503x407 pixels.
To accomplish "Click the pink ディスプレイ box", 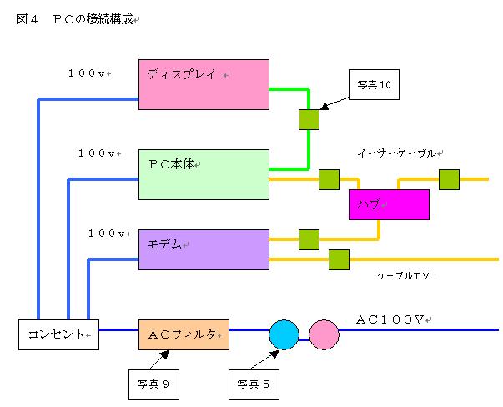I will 204,84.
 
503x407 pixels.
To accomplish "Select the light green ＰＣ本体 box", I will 204,174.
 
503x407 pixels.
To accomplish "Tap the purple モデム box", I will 204,249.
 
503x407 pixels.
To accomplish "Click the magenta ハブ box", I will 389,204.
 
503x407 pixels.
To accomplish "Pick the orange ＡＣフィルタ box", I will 184,334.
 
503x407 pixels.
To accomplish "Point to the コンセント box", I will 58,334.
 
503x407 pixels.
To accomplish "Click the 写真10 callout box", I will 374,84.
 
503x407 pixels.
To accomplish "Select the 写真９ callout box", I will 153,384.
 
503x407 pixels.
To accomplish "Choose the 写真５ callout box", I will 254,384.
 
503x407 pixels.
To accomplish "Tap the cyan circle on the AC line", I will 284,334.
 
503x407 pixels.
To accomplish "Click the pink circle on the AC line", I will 324,334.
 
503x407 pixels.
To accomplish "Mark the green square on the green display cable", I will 309,119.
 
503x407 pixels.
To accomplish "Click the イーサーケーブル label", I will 397,153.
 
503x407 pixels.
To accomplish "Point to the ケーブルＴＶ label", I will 406,275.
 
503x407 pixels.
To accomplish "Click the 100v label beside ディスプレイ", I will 88,73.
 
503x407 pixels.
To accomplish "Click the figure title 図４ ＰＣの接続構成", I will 75,18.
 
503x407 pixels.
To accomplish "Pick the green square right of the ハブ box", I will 449,179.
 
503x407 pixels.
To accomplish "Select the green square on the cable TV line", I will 339,259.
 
